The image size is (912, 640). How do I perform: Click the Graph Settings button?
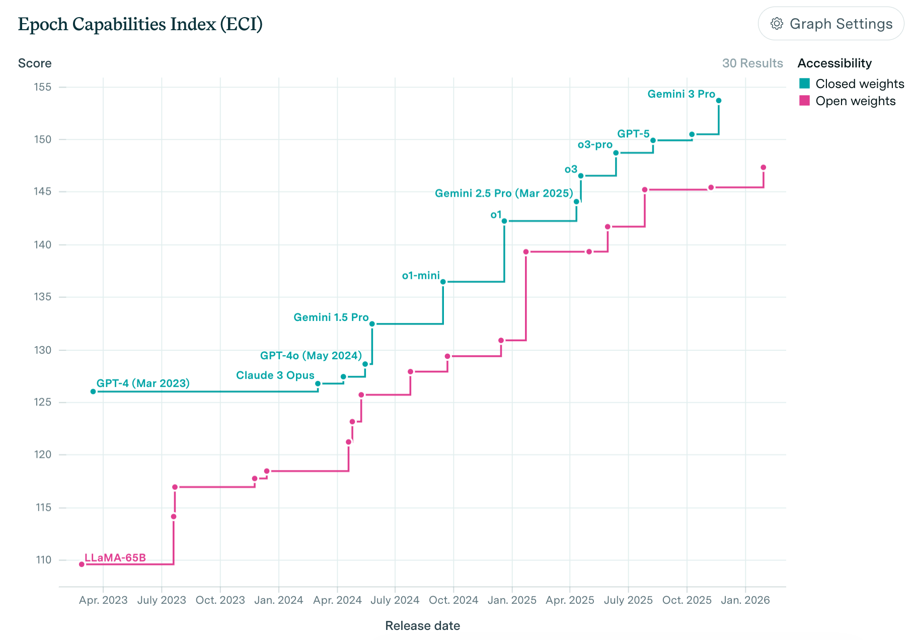pyautogui.click(x=831, y=24)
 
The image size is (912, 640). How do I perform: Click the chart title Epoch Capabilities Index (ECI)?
pyautogui.click(x=140, y=24)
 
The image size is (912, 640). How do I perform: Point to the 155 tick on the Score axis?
pyautogui.click(x=43, y=87)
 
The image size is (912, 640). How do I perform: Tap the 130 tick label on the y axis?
pyautogui.click(x=43, y=350)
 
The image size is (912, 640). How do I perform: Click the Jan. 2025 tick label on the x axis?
pyautogui.click(x=512, y=600)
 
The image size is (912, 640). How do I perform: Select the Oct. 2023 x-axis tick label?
pyautogui.click(x=220, y=600)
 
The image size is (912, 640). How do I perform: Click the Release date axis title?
pyautogui.click(x=422, y=625)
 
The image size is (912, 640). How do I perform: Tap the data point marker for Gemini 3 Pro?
pyautogui.click(x=719, y=101)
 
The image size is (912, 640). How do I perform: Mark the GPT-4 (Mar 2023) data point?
pyautogui.click(x=93, y=391)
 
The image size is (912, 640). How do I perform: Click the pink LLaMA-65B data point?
pyautogui.click(x=82, y=564)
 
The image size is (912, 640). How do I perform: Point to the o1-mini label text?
pyautogui.click(x=421, y=275)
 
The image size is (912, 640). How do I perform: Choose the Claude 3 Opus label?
pyautogui.click(x=275, y=375)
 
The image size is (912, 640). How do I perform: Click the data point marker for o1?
pyautogui.click(x=504, y=221)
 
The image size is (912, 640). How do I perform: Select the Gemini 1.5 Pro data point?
pyautogui.click(x=372, y=324)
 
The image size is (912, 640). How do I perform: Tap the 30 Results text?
pyautogui.click(x=752, y=63)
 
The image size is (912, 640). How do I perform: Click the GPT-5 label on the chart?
pyautogui.click(x=633, y=134)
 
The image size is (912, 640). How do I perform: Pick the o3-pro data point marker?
pyautogui.click(x=616, y=153)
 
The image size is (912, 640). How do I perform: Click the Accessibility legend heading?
pyautogui.click(x=834, y=63)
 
